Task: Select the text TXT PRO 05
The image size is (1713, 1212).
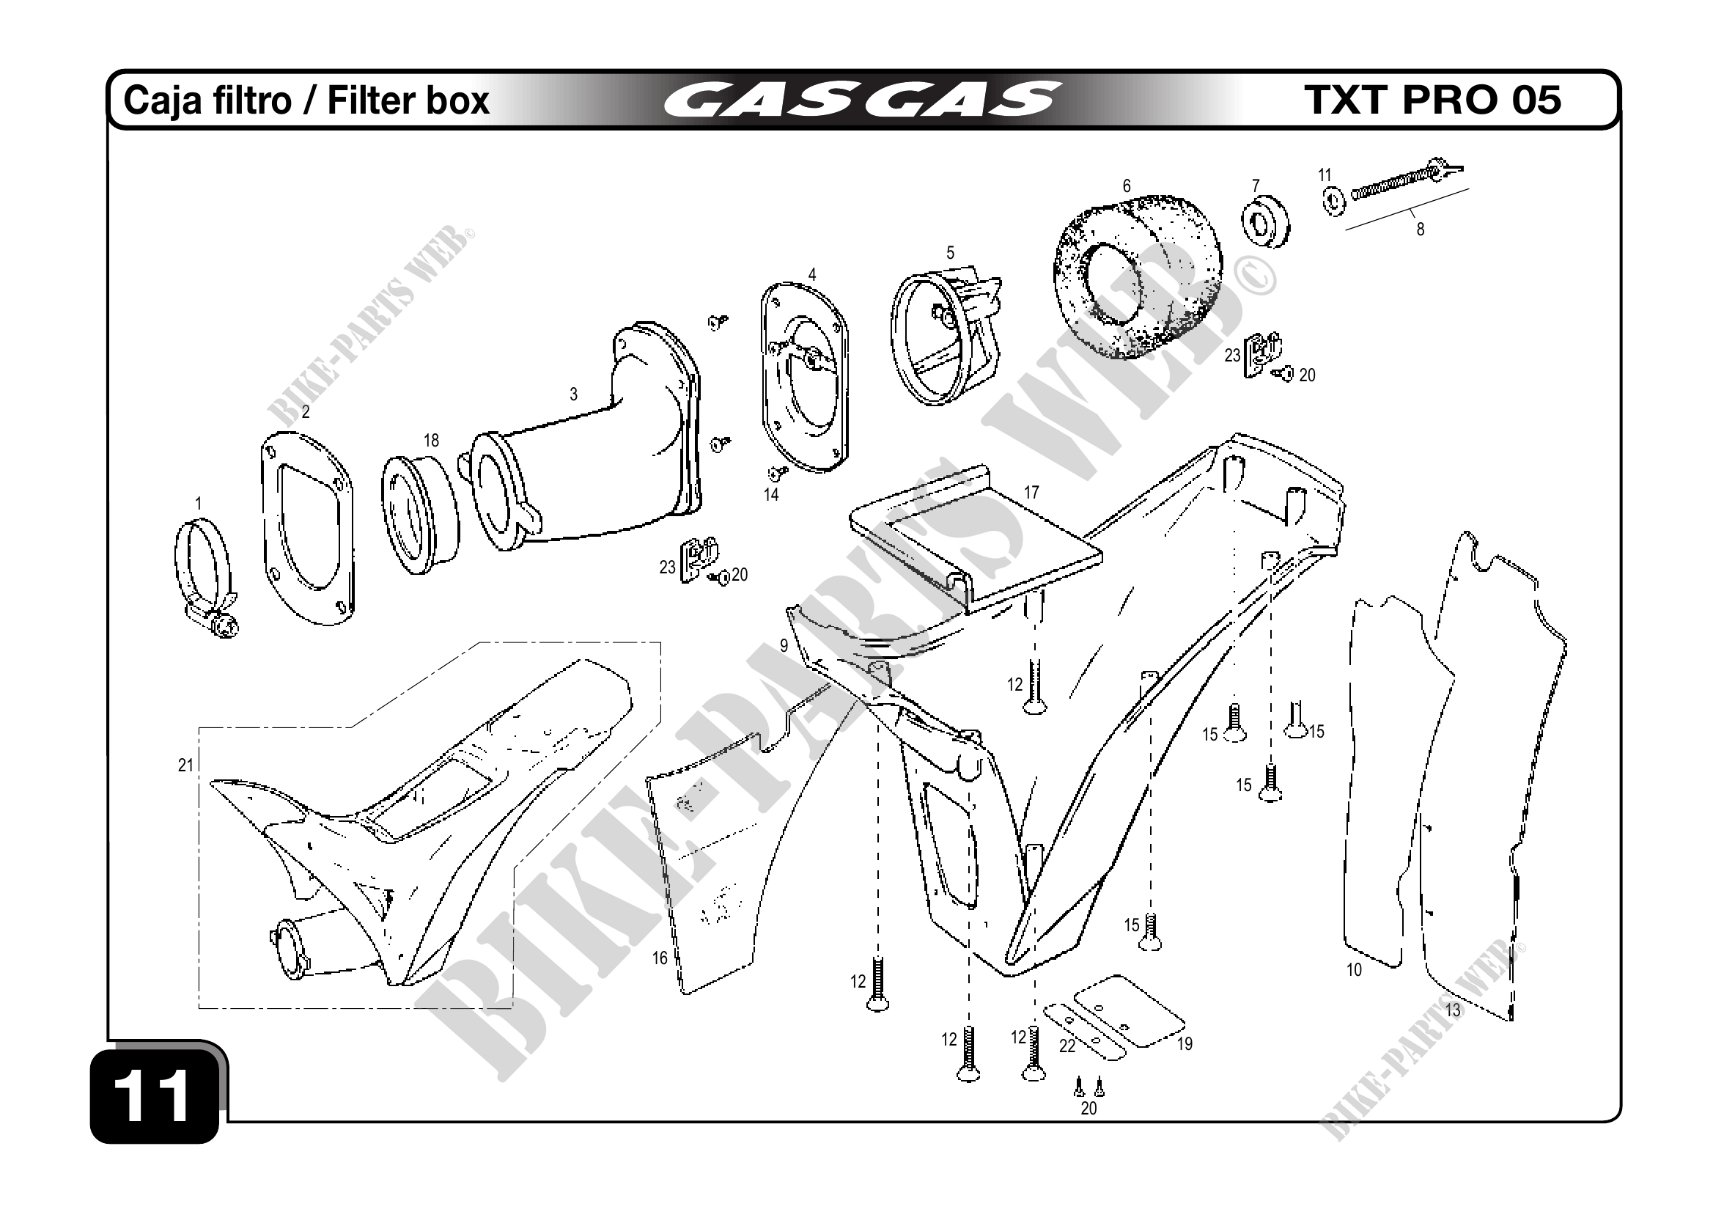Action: (1432, 100)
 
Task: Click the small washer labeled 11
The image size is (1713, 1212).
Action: (1332, 199)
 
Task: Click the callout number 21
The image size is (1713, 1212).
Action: (185, 765)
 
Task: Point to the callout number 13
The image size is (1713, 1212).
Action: (1453, 1010)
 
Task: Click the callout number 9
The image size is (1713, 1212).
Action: (784, 645)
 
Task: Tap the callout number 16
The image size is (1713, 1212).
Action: (660, 958)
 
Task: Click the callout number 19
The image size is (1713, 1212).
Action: (1185, 1044)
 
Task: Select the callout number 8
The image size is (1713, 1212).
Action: (1420, 230)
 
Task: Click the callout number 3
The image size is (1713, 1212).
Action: (573, 394)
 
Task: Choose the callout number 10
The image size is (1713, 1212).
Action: (1354, 969)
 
